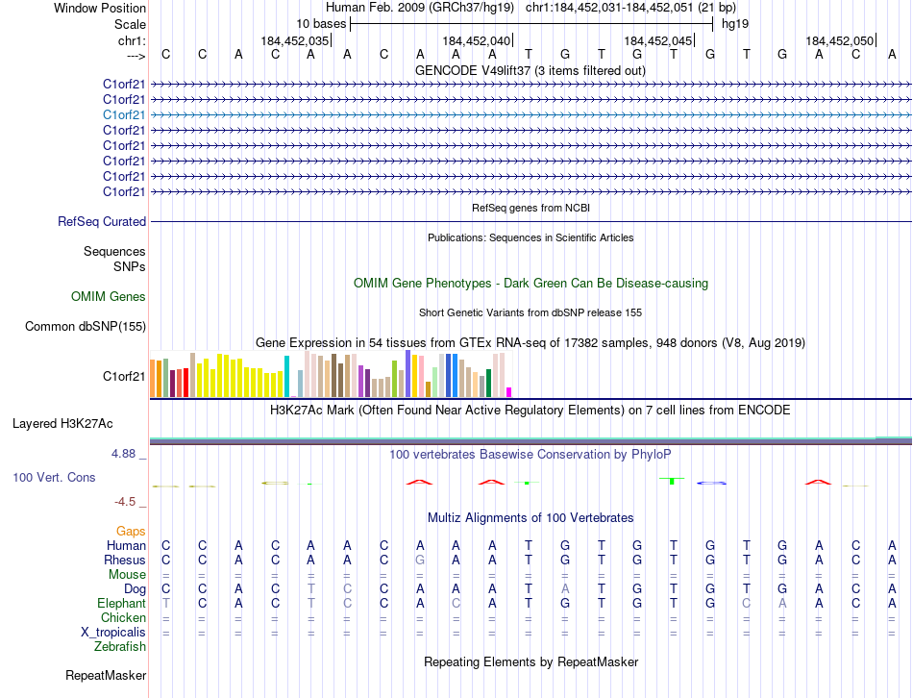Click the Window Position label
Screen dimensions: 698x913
click(100, 8)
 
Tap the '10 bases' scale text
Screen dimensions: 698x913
click(321, 23)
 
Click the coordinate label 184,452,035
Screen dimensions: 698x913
click(295, 40)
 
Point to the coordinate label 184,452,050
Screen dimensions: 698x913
click(840, 40)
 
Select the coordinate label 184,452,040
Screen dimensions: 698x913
click(477, 40)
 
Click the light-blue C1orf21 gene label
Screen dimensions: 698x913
click(125, 114)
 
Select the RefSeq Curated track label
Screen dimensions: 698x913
click(102, 222)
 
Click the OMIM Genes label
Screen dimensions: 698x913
click(109, 297)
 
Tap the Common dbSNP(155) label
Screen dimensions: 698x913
click(86, 327)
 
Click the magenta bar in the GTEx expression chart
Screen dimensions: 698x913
click(508, 391)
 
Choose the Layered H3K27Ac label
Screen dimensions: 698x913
click(62, 423)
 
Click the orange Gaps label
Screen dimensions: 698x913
click(131, 531)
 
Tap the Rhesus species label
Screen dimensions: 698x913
click(126, 560)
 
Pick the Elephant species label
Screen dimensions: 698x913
click(121, 603)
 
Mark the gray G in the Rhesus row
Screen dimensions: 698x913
click(419, 560)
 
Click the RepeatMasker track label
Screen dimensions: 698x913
click(106, 676)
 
